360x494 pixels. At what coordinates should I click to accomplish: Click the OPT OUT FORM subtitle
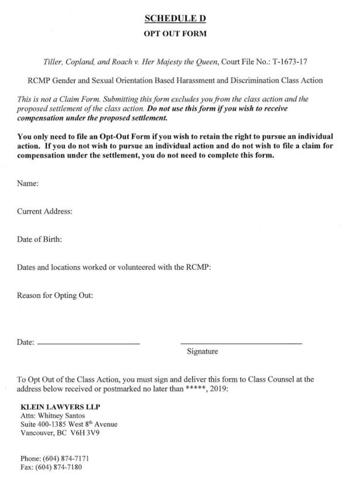[x=175, y=34]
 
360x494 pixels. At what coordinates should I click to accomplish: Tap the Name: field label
[x=28, y=184]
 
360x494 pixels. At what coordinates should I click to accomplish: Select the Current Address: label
[x=44, y=211]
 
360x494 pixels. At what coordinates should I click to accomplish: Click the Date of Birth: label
[x=39, y=239]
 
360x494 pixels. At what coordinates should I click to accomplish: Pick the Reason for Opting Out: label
[x=55, y=296]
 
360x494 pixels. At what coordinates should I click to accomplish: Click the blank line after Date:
[x=88, y=342]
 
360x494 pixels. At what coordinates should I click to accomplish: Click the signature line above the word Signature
[x=241, y=342]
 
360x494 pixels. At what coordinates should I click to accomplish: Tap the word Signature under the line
[x=203, y=352]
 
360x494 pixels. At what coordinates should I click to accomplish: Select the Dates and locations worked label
[x=114, y=267]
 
